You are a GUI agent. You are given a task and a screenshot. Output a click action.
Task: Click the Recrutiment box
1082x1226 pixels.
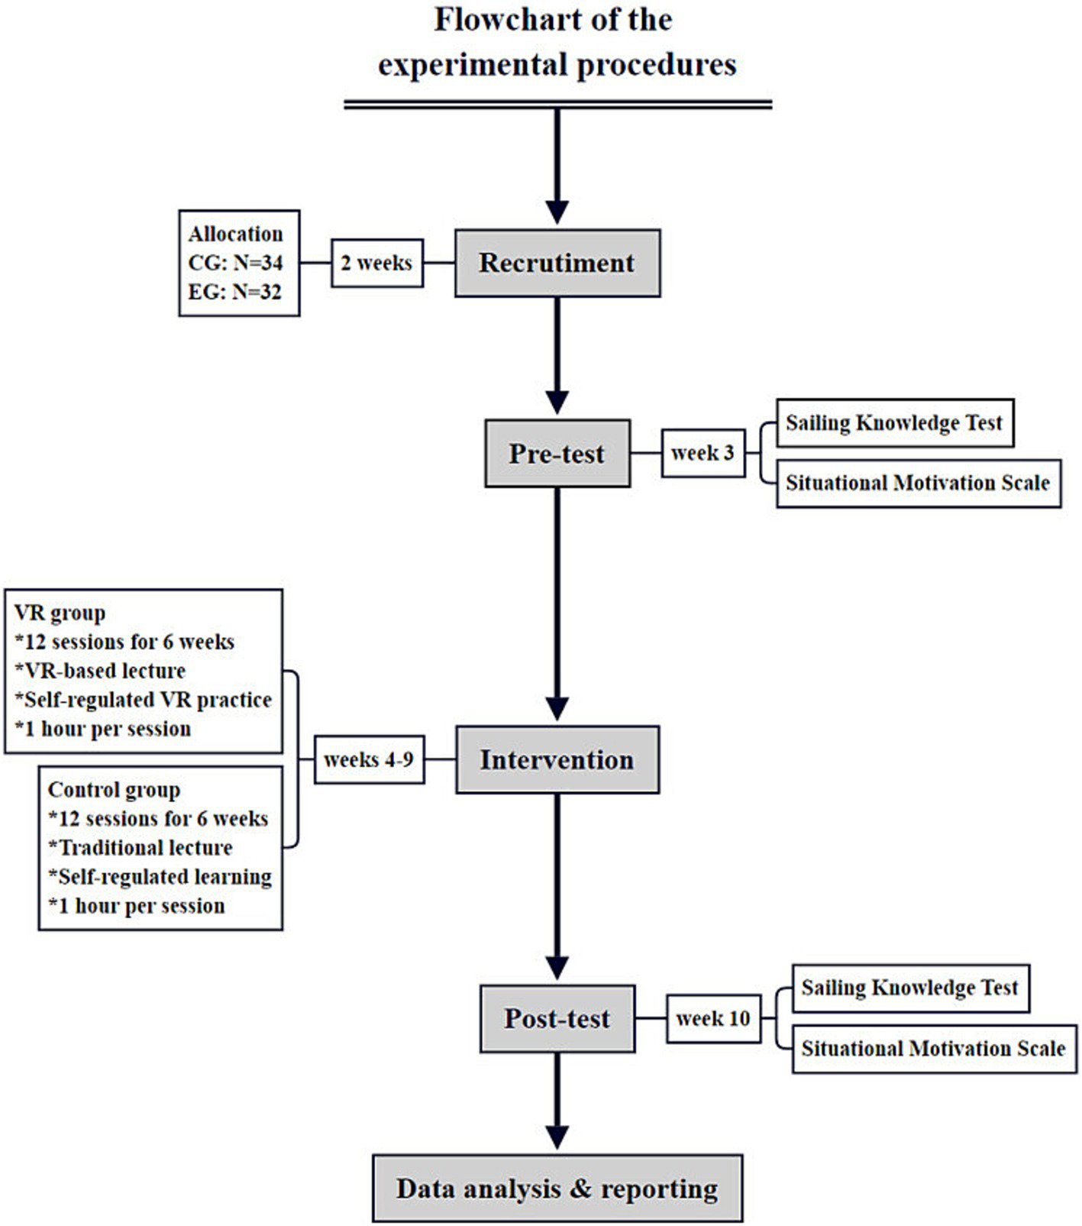[557, 263]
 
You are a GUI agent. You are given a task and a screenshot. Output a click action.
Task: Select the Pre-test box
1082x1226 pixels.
[557, 454]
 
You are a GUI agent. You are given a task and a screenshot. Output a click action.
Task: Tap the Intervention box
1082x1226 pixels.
[557, 760]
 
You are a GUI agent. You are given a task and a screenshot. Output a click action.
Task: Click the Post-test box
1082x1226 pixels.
[557, 1019]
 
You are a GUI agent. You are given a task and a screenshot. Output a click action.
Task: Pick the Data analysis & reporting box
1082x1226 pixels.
[557, 1189]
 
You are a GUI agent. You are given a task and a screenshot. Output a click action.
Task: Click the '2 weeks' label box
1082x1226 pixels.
[376, 263]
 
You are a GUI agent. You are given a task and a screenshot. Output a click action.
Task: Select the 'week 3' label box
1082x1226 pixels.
[702, 453]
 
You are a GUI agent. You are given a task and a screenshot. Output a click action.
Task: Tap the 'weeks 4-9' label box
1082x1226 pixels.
[369, 760]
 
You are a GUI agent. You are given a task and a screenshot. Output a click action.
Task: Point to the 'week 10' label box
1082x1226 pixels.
[713, 1019]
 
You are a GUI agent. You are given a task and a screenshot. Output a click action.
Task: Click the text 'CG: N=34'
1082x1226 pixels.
[235, 263]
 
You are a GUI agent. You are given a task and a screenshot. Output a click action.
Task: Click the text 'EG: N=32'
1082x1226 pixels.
[234, 292]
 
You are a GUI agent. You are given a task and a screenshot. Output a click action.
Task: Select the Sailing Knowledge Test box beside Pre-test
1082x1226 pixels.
[894, 422]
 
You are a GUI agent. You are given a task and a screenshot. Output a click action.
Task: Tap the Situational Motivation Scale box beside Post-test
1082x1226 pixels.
[933, 1049]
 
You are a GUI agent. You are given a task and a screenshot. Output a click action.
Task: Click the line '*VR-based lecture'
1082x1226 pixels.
[100, 671]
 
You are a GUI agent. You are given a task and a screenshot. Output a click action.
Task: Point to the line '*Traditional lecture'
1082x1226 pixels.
[140, 848]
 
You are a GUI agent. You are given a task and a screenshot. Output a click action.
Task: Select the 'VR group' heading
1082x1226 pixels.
[60, 613]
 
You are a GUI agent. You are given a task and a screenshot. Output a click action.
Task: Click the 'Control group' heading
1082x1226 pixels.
[114, 790]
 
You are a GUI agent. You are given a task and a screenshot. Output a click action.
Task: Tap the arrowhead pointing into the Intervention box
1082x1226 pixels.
[557, 709]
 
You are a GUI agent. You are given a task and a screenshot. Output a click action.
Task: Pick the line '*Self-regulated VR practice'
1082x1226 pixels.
[144, 700]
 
